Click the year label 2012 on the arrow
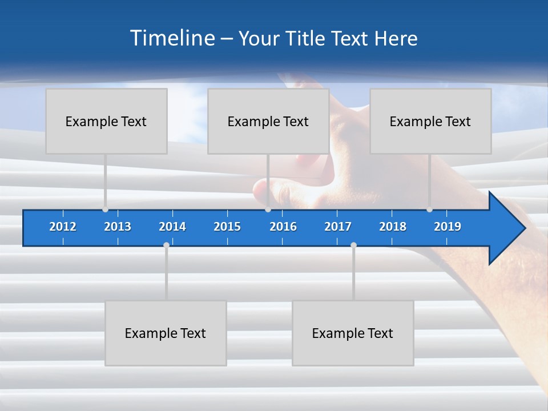63,227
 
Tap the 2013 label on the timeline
118,227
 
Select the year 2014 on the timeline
172,227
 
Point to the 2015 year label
227,227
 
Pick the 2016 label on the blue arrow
283,227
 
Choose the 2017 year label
338,227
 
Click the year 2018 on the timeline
393,227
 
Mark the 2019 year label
448,227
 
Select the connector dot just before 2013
105,209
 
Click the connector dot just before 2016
268,209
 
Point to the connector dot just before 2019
429,209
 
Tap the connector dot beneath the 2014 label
166,245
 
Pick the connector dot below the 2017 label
353,245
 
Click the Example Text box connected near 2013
106,121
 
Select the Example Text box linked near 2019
430,121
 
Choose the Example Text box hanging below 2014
166,333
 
